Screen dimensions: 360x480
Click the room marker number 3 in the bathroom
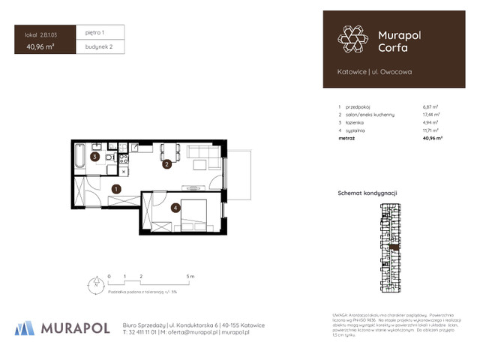tap(94, 157)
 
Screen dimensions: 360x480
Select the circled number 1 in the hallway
tap(116, 190)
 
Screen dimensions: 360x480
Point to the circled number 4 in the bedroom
tap(174, 208)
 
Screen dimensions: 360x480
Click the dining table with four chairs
tap(168, 150)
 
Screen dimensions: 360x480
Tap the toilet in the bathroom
tap(110, 159)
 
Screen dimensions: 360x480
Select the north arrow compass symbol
tap(95, 284)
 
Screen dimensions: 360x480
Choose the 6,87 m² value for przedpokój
tap(430, 108)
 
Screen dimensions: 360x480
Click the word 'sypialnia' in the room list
tap(355, 130)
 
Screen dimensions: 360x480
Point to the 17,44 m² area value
tap(431, 115)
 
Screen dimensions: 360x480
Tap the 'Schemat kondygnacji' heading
tap(367, 193)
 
